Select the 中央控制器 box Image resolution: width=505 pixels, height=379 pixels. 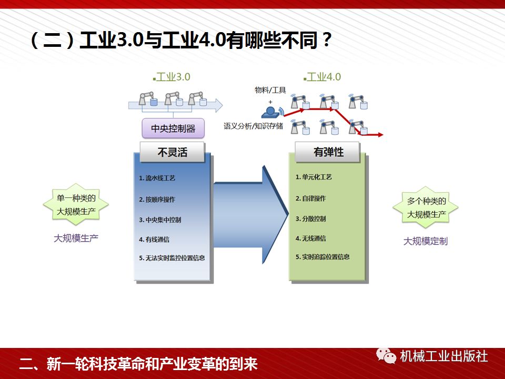(x=173, y=128)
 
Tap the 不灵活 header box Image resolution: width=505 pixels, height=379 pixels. (x=172, y=152)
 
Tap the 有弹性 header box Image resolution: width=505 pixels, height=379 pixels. (x=328, y=152)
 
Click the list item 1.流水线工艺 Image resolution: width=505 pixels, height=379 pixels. (x=157, y=178)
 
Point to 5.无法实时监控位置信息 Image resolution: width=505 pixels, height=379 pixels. (x=172, y=258)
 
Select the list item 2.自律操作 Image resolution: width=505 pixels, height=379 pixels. (x=310, y=198)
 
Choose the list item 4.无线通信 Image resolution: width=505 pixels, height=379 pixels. (x=310, y=238)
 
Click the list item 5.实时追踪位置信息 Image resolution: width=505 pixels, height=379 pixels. (x=322, y=257)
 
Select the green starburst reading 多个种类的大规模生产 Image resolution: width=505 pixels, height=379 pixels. (x=426, y=208)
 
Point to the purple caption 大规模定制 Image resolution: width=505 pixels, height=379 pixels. (x=425, y=241)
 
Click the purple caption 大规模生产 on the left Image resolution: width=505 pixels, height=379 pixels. (x=76, y=237)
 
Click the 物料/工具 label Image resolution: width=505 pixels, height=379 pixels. (x=270, y=90)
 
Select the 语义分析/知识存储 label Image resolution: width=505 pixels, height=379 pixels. (x=253, y=126)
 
